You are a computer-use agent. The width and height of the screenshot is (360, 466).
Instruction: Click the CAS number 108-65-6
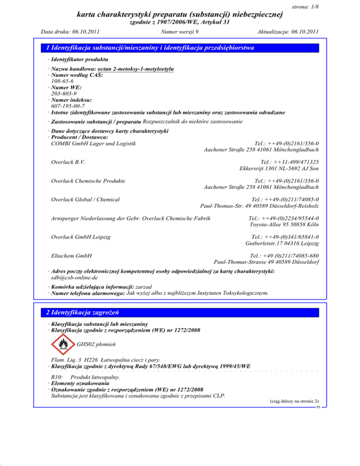[61, 81]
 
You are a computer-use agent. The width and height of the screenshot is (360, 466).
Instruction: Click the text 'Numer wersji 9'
[180, 32]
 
